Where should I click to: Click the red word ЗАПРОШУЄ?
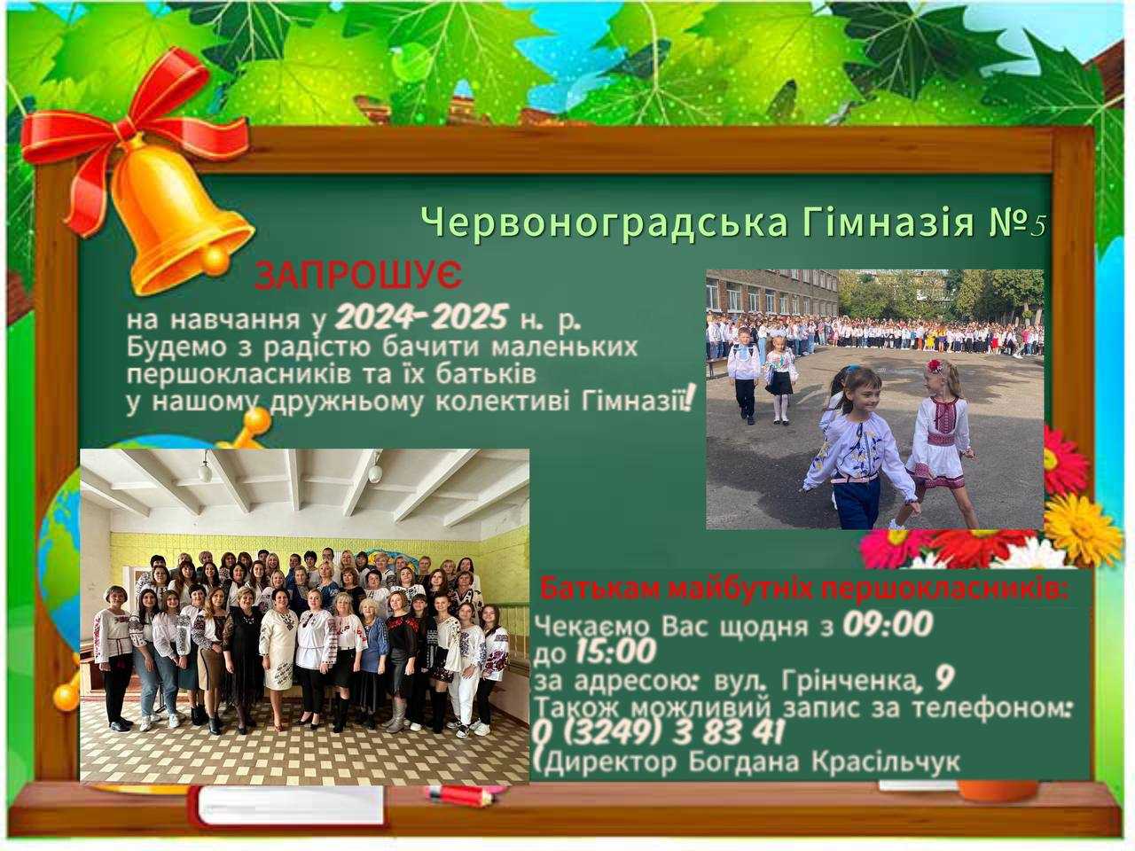358,277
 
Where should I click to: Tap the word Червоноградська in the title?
603,223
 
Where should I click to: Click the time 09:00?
886,625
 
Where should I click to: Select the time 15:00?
615,653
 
